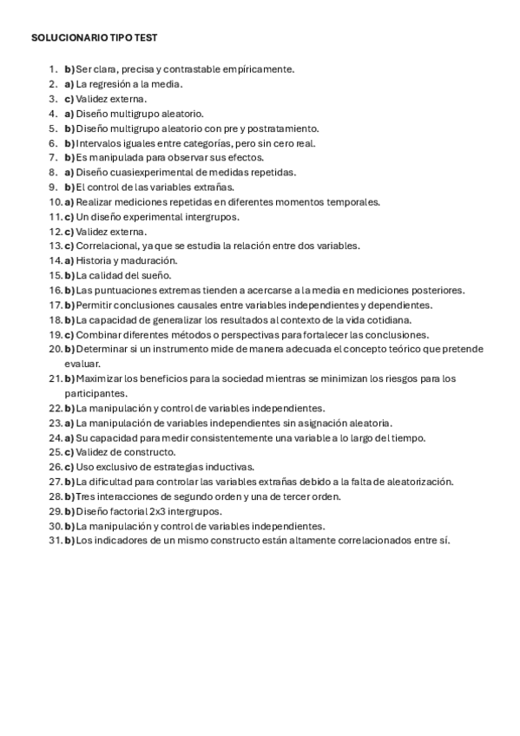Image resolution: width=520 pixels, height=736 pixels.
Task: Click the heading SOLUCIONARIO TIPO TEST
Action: click(x=94, y=39)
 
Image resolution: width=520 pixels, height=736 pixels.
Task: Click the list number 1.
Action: click(x=52, y=69)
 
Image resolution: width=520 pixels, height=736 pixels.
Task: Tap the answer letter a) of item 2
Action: click(x=69, y=83)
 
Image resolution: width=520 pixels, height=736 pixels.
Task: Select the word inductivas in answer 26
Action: click(x=227, y=467)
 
